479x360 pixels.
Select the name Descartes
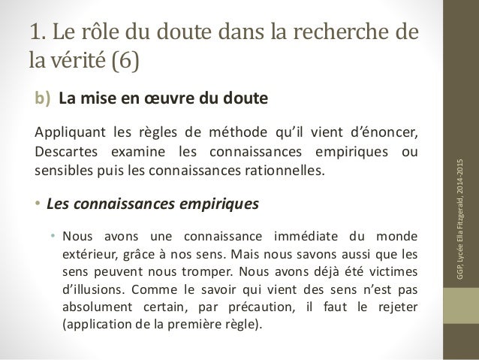point(69,152)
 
